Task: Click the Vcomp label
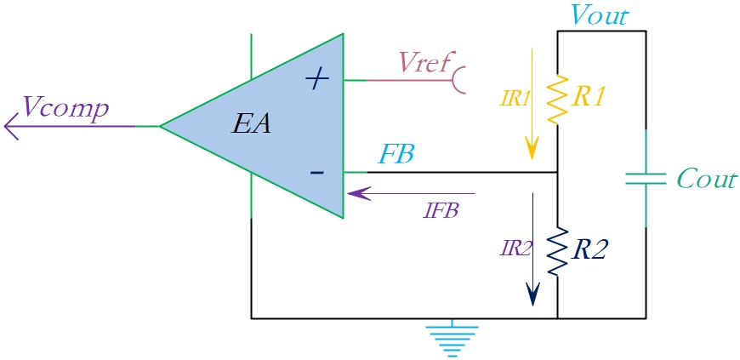click(x=65, y=110)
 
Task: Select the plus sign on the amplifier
click(x=316, y=80)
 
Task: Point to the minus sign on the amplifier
click(x=316, y=173)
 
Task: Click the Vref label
click(x=424, y=62)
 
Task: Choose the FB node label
click(x=396, y=155)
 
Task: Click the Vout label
click(x=599, y=15)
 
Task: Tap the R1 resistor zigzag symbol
click(x=557, y=100)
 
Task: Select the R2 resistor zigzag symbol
click(x=557, y=251)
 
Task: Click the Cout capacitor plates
click(x=646, y=179)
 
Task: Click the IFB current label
click(x=441, y=211)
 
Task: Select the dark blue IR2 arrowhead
click(x=532, y=294)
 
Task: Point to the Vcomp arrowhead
click(x=11, y=126)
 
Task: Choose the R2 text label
click(x=587, y=251)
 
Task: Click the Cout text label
click(x=707, y=180)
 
